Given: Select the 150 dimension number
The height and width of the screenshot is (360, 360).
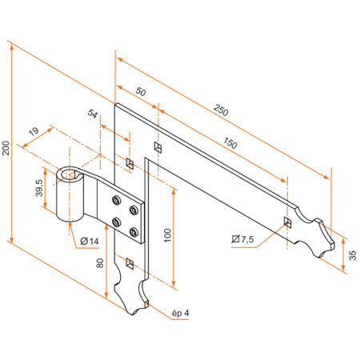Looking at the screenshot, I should pos(230,143).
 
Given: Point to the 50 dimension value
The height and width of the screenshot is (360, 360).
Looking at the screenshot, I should pos(141,93).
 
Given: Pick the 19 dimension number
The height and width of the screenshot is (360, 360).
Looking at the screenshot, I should pos(33,132).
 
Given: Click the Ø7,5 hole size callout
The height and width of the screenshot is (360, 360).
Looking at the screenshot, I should pos(244,238).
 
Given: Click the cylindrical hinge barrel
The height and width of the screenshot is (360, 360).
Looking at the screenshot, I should pos(73,200).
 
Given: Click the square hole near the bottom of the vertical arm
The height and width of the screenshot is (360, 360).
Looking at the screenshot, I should pos(129,261).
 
